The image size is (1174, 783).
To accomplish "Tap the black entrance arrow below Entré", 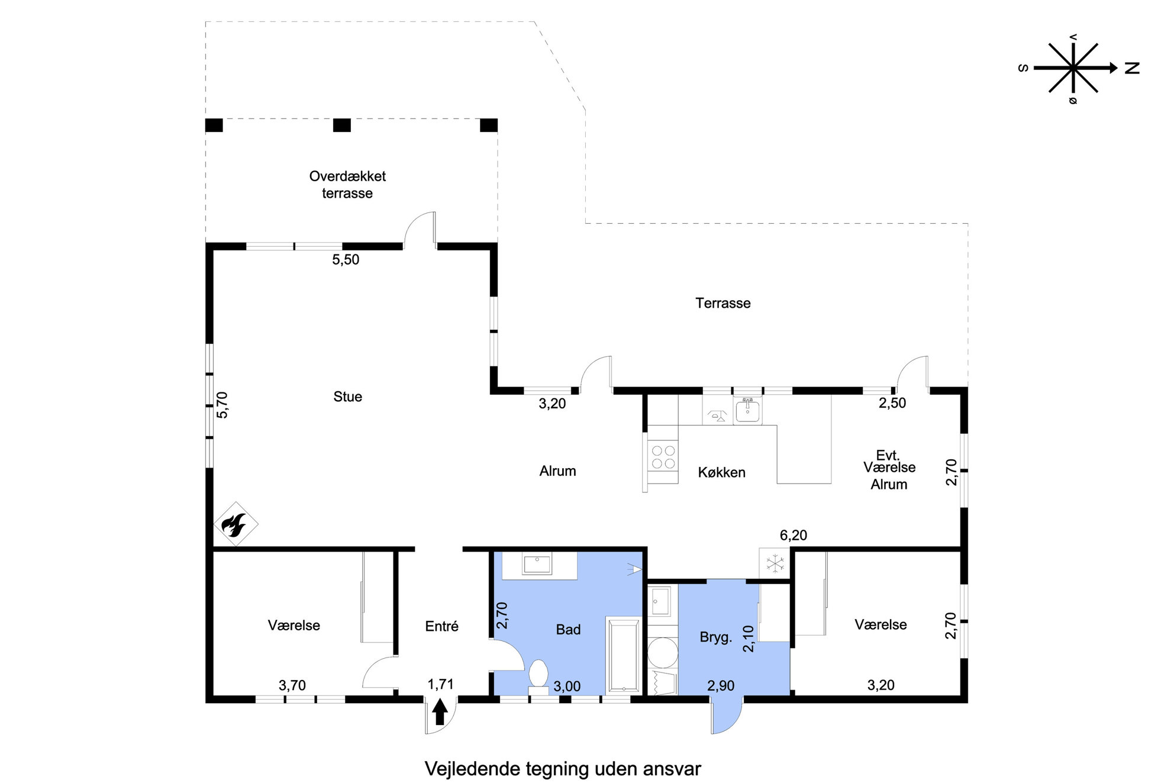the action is (439, 712).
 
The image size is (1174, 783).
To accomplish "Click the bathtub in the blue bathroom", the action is (624, 655).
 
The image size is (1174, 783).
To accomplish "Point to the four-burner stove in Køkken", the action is (663, 456).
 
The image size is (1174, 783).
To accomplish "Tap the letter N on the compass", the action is (1131, 68).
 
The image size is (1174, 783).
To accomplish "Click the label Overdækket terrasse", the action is (347, 185).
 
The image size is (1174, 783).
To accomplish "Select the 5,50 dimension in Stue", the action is (346, 260).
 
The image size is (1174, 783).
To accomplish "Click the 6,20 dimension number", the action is (794, 536).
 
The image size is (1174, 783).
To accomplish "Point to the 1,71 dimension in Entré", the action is (440, 685).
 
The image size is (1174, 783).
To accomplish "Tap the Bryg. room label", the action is (716, 638).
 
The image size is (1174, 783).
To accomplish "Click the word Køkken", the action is (721, 473).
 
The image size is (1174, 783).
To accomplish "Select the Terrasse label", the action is (723, 304).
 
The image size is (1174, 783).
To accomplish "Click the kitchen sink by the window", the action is (748, 410).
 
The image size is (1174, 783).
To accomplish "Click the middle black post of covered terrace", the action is (342, 125).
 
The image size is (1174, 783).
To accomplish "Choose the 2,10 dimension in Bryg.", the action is (749, 639).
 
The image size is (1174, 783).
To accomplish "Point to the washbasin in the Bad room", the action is (537, 565).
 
